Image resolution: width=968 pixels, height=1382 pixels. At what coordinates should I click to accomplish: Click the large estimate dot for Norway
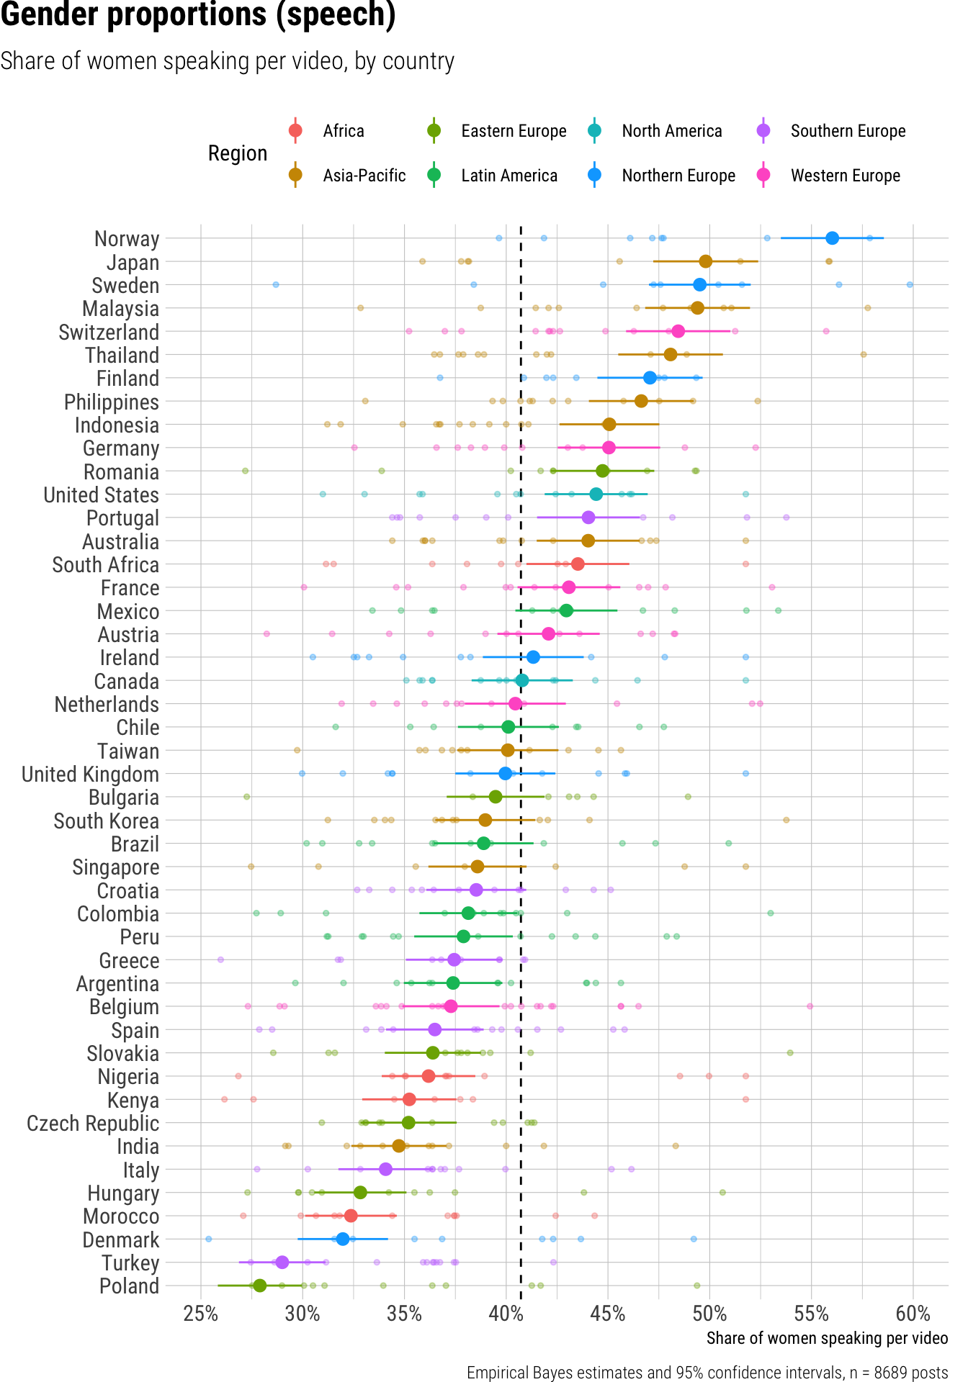click(x=832, y=238)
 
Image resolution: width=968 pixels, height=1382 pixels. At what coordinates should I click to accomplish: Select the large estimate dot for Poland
click(x=260, y=1286)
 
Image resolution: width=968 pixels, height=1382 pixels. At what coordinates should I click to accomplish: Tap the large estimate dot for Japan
click(x=705, y=261)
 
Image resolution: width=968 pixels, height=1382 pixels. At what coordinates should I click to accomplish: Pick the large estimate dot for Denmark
click(x=343, y=1239)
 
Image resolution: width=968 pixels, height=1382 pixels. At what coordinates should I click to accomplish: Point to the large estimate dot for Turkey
click(x=282, y=1263)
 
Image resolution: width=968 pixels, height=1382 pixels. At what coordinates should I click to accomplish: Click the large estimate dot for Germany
click(x=609, y=448)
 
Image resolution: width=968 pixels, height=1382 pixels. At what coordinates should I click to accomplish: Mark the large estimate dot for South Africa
click(x=578, y=564)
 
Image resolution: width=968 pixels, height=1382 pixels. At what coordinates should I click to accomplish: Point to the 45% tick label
click(x=608, y=1314)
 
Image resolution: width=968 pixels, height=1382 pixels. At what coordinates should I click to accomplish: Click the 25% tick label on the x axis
click(x=201, y=1314)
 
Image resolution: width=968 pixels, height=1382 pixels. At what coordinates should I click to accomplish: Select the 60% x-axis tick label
click(x=913, y=1314)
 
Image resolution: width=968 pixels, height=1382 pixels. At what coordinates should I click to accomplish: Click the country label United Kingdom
click(x=91, y=774)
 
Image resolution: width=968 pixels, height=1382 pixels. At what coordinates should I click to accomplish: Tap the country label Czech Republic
click(x=93, y=1124)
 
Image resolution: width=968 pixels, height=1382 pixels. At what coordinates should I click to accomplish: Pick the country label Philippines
click(x=112, y=402)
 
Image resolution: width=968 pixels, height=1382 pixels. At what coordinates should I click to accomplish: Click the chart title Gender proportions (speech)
click(x=198, y=16)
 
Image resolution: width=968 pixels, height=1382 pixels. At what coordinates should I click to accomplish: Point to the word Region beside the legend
click(x=238, y=153)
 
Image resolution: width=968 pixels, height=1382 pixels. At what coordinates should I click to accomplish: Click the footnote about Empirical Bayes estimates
click(x=707, y=1372)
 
